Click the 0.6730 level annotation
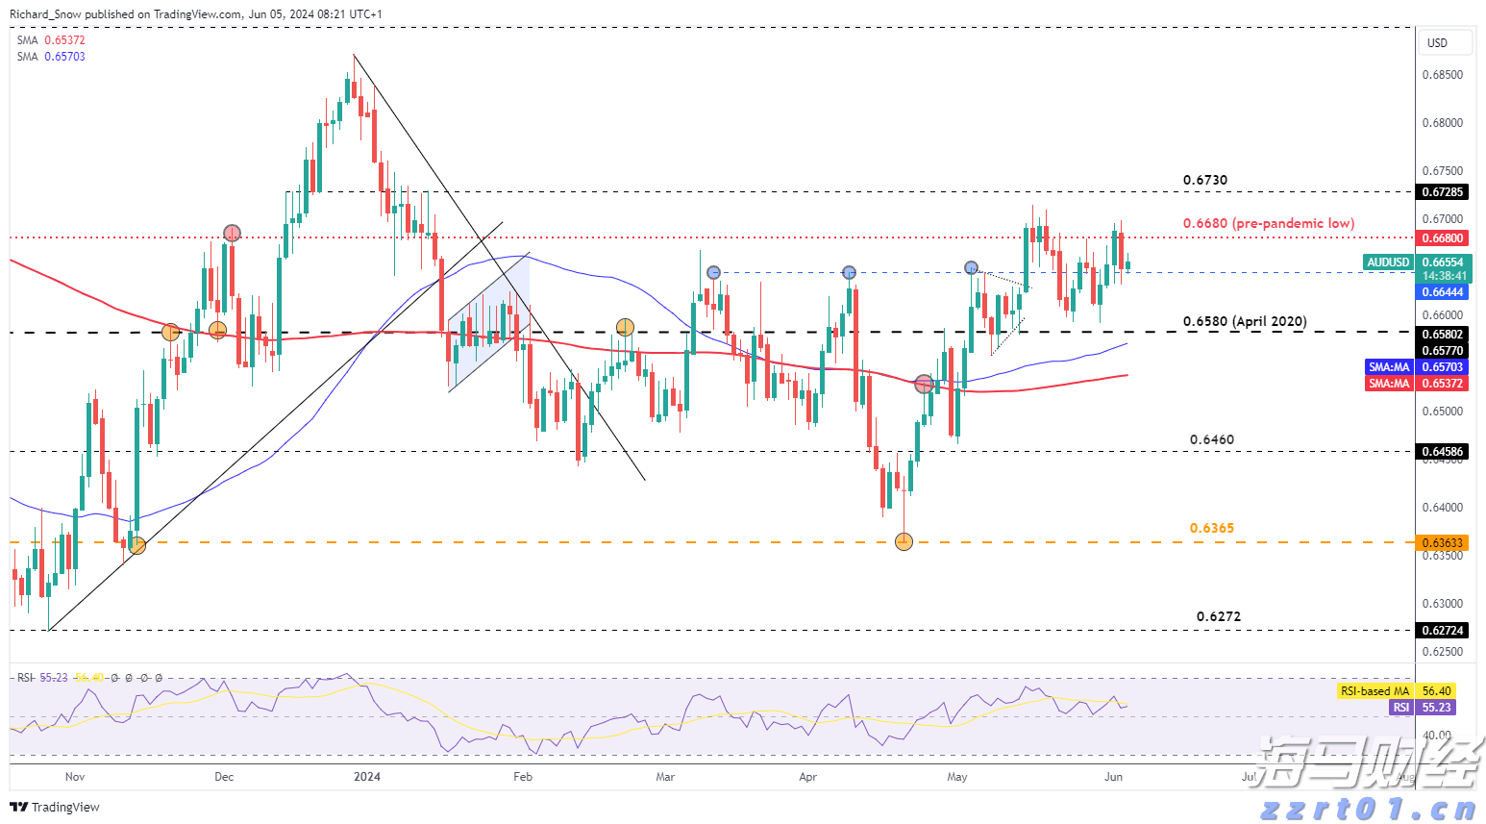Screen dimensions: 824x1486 coord(1204,180)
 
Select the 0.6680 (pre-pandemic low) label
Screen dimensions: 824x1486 coord(1268,223)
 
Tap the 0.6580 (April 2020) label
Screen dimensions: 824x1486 coord(1244,321)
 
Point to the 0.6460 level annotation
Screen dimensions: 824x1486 coord(1211,439)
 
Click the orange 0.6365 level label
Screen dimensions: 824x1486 coord(1211,528)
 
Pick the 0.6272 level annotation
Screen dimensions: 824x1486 coord(1218,616)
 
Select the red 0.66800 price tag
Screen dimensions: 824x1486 coord(1442,238)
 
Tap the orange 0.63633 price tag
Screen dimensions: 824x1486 coord(1442,543)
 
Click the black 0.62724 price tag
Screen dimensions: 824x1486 coord(1442,631)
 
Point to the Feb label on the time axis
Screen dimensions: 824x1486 coord(523,777)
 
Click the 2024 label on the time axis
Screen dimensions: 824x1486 coord(367,777)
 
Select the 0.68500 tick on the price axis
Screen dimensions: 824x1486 coord(1442,75)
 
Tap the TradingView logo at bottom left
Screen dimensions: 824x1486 coord(56,807)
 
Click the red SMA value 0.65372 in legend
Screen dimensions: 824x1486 coord(64,40)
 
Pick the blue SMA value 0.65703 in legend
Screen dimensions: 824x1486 coord(64,57)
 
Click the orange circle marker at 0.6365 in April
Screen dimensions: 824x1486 coord(904,542)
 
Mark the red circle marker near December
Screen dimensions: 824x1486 coord(232,233)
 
